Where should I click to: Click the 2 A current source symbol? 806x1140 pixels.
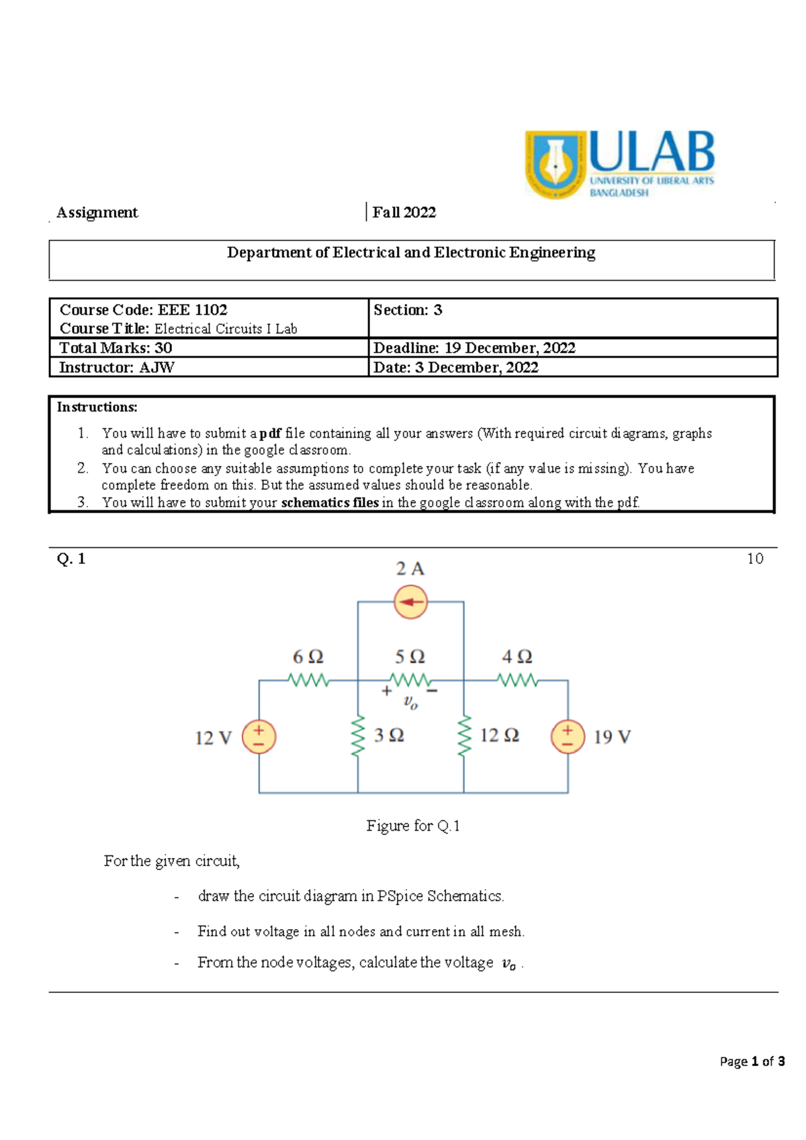[x=410, y=602]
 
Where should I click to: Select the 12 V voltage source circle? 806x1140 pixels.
[x=259, y=737]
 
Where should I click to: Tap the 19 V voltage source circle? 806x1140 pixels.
[x=568, y=737]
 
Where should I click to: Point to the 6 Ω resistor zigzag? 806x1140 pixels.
[x=308, y=680]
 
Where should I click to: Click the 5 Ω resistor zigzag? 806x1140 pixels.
[x=410, y=680]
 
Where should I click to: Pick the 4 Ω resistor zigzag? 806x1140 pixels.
[x=517, y=680]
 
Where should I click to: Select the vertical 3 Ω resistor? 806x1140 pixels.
[x=358, y=736]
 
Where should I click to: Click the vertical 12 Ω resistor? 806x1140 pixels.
[x=463, y=736]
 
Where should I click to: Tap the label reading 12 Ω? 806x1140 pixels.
[x=499, y=735]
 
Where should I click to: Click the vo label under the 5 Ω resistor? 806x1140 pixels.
[x=410, y=702]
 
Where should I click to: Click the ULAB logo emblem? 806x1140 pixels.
[x=555, y=164]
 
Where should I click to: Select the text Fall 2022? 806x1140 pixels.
[x=404, y=213]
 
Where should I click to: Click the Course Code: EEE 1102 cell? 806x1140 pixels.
[x=143, y=310]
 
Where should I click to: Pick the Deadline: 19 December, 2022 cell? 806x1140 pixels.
[x=474, y=348]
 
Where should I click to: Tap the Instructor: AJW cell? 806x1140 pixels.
[x=116, y=367]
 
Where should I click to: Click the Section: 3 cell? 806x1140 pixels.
[x=408, y=310]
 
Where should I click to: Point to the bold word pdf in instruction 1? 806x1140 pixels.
[x=270, y=434]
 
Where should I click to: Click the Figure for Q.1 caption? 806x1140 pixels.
[x=412, y=826]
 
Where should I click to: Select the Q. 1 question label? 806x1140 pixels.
[x=71, y=559]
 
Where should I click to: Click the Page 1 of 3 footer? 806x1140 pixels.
[x=752, y=1061]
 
